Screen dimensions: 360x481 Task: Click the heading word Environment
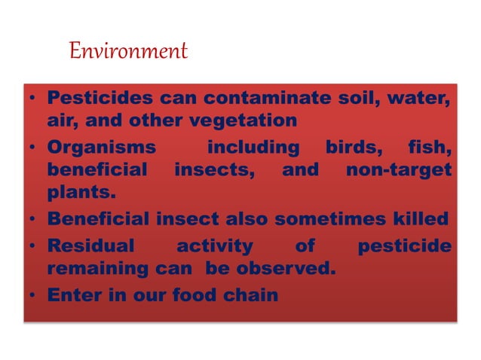click(127, 51)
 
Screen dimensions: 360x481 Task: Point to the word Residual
click(90, 246)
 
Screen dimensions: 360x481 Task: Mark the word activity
click(214, 246)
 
